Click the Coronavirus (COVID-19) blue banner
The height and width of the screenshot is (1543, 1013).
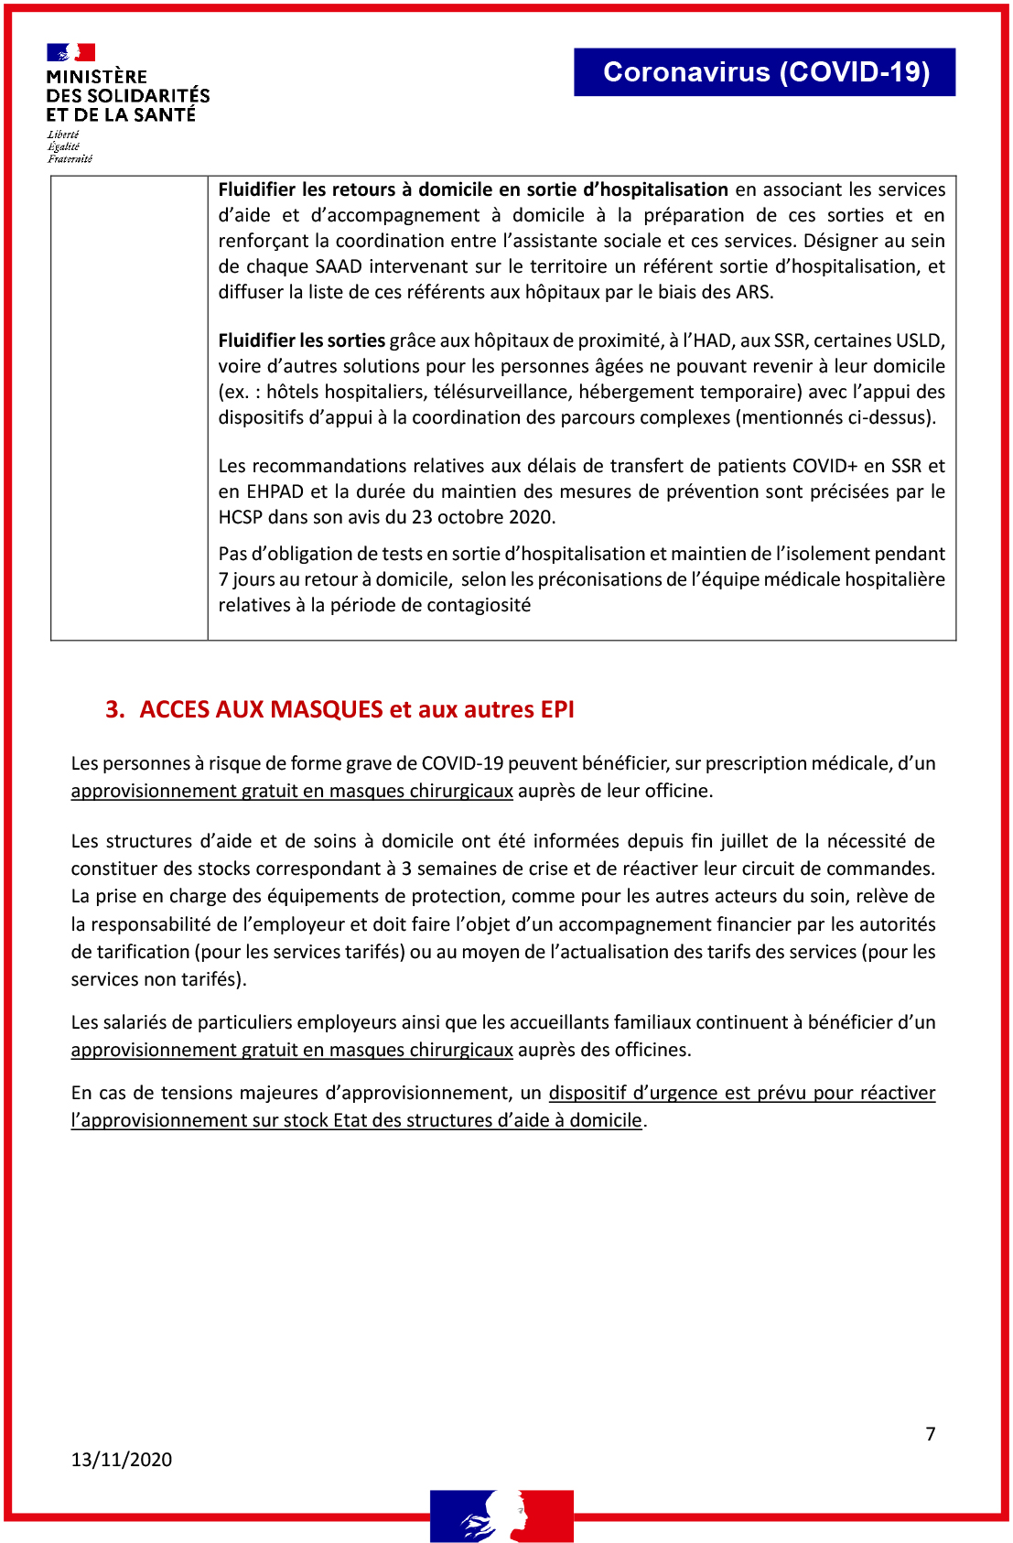point(765,72)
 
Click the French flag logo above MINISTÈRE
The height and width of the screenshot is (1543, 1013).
point(71,53)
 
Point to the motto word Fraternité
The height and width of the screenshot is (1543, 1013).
point(70,159)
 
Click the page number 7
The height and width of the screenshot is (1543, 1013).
point(931,1434)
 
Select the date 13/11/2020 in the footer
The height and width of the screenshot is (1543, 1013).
point(122,1460)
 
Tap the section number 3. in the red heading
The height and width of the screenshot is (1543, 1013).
point(114,710)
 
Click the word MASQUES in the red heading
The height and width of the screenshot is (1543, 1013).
point(327,710)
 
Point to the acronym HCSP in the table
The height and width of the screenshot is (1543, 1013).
point(240,517)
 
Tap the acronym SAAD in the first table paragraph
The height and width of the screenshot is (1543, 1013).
point(339,266)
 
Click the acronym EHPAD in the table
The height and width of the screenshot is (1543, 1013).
point(275,491)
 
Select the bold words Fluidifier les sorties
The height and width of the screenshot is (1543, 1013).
point(301,340)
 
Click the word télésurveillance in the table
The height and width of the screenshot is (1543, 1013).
point(501,392)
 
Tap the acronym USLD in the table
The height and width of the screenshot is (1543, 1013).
point(918,340)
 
